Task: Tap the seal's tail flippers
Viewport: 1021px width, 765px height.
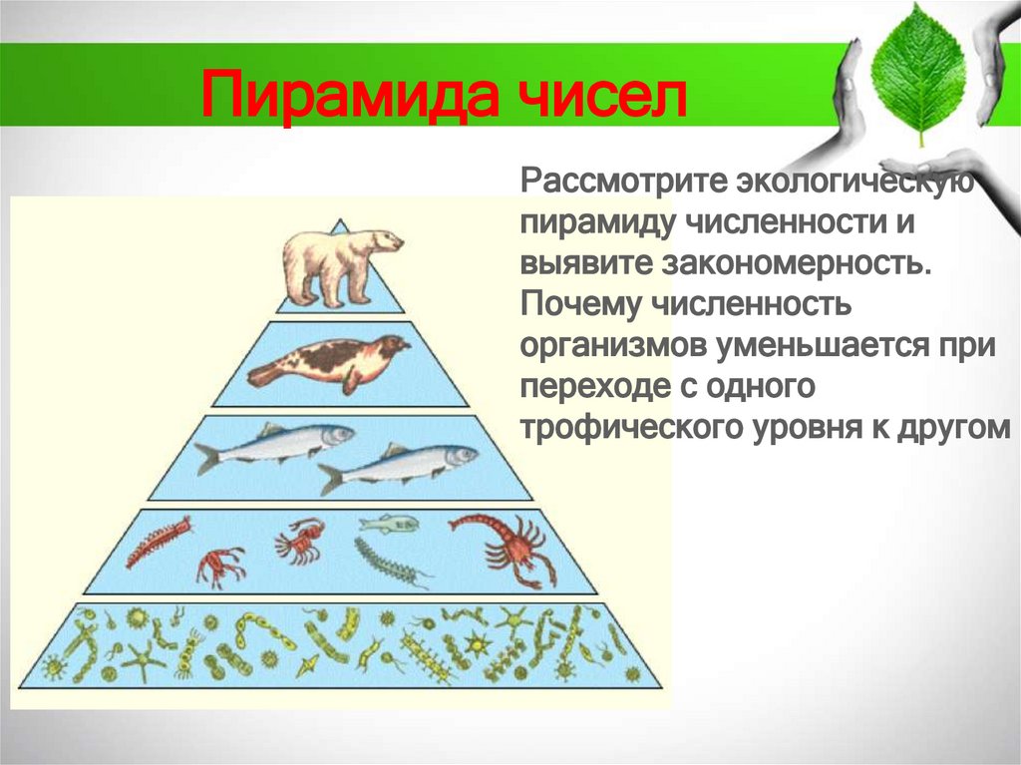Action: [x=261, y=375]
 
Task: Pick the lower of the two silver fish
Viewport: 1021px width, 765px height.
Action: [x=399, y=466]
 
